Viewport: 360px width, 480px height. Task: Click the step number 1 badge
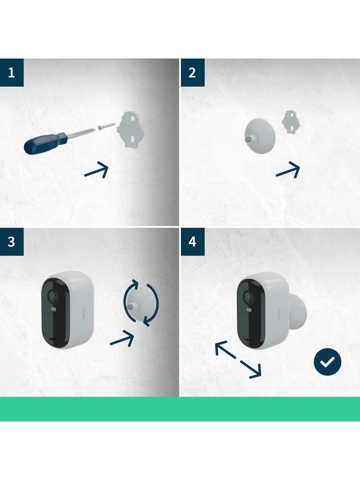(12, 72)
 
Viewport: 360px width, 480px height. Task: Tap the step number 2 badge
(193, 72)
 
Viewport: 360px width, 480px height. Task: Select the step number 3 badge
(12, 242)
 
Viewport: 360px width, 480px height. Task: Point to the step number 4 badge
(193, 242)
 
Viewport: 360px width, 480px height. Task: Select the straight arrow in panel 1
(96, 170)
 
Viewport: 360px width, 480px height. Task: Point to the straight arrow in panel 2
(288, 170)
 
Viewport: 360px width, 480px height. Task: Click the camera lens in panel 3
(53, 296)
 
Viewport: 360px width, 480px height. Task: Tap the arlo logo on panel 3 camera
(84, 313)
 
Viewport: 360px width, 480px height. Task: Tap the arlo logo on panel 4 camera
(279, 314)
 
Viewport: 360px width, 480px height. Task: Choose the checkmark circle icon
(327, 362)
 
